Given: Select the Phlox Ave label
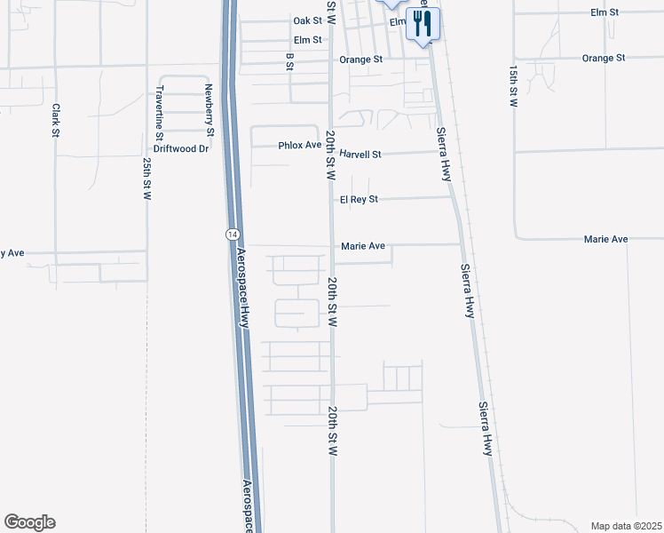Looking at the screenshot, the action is point(299,145).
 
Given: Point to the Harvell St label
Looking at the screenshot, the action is point(360,154).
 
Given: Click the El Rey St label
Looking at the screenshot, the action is point(359,200).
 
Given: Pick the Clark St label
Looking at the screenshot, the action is point(55,121).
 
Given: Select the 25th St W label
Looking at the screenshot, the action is point(146,180).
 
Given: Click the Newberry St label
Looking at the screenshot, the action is point(210,109).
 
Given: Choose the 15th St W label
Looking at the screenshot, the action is point(513,85).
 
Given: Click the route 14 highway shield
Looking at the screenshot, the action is point(231,233).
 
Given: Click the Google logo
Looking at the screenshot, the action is point(29,522).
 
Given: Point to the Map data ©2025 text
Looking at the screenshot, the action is point(626,525).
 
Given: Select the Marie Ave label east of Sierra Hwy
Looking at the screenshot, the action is point(605,240).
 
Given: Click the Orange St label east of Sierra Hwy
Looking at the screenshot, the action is point(604,58).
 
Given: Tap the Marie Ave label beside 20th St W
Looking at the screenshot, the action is point(362,246).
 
